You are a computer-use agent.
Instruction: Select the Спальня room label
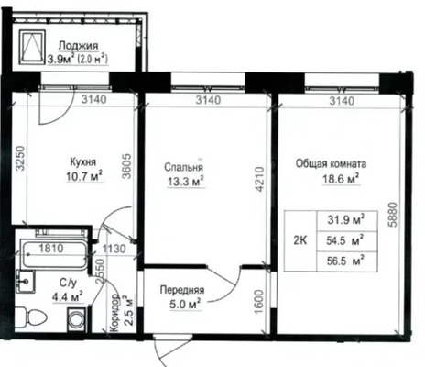point(184,167)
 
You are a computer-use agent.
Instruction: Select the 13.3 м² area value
point(185,182)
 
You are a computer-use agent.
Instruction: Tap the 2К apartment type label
point(299,240)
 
